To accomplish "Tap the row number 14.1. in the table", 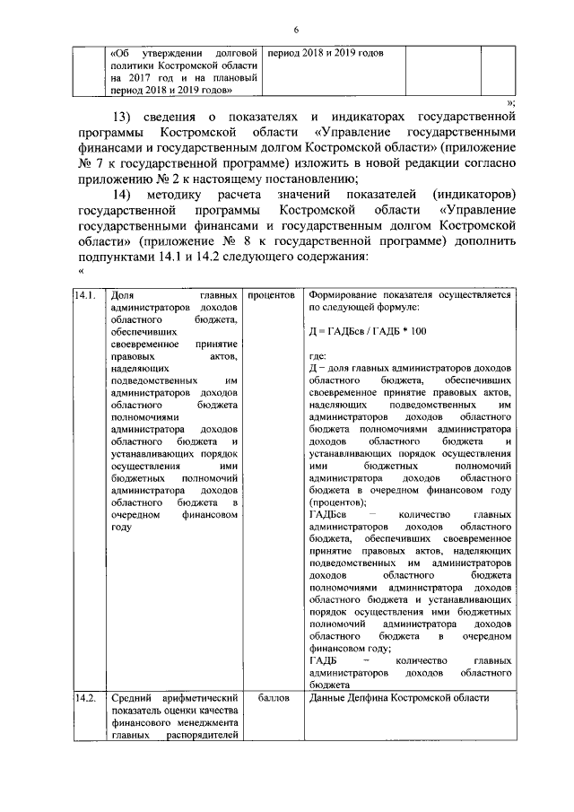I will [85, 293].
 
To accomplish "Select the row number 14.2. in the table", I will [85, 698].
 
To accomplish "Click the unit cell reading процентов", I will [272, 293].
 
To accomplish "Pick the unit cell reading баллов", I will [272, 698].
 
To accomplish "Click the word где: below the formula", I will [317, 356].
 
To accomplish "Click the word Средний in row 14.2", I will [133, 698].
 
